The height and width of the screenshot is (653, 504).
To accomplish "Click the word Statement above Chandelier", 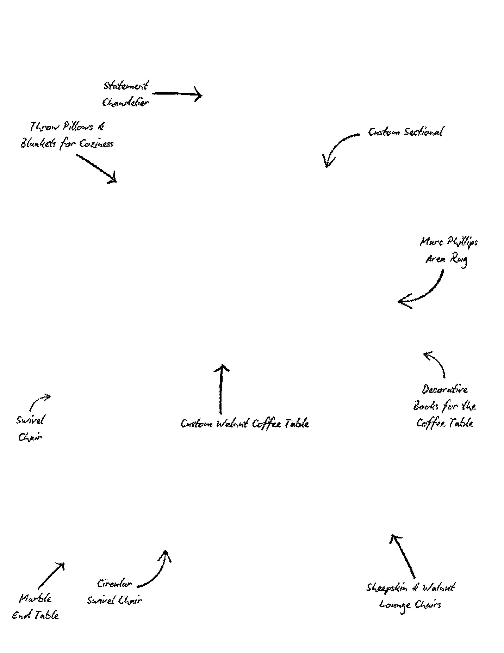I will [x=126, y=86].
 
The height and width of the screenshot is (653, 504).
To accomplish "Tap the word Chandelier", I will [x=126, y=103].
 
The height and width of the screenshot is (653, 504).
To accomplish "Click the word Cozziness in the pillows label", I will [x=97, y=144].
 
